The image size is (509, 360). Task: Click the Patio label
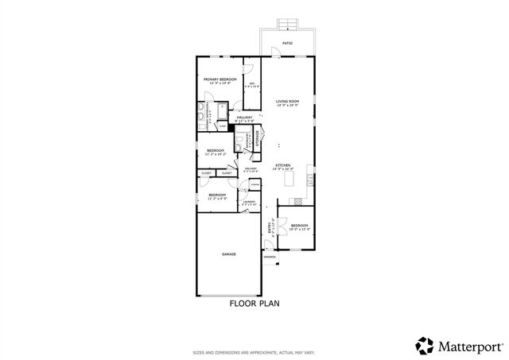(x=288, y=44)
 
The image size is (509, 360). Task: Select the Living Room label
(x=287, y=101)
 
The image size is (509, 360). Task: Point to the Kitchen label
(x=284, y=165)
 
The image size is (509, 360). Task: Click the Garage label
(x=228, y=254)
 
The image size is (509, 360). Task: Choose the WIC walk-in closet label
(x=252, y=83)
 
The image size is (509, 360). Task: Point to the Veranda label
(x=270, y=257)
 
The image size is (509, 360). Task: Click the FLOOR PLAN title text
(x=254, y=303)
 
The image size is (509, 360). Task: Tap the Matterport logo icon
(x=425, y=344)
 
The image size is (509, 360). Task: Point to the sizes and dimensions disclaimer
(x=254, y=351)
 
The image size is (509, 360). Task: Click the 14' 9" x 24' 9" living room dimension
(x=287, y=106)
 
